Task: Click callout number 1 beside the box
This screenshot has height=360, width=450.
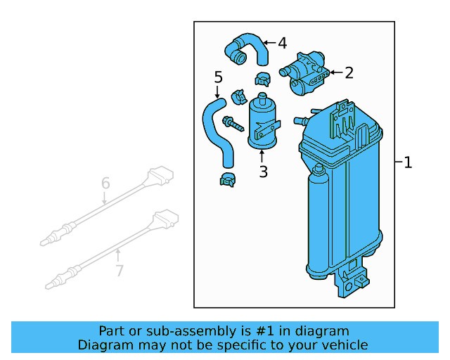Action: coord(408,163)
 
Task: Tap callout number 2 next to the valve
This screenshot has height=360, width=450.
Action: coord(349,72)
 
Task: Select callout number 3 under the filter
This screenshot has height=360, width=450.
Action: coord(263,172)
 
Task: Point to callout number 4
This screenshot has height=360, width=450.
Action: coord(282,44)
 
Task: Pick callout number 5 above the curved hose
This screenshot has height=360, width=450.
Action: coord(218,77)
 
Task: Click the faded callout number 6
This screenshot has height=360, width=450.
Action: coord(105,184)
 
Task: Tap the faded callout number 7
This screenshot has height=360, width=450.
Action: coord(120,270)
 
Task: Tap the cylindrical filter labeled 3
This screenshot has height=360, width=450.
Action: coord(262,121)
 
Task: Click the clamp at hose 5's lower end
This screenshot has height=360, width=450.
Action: coord(227,179)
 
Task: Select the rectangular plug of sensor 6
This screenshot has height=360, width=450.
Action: coord(160,176)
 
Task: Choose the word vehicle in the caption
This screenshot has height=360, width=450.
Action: coord(344,345)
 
